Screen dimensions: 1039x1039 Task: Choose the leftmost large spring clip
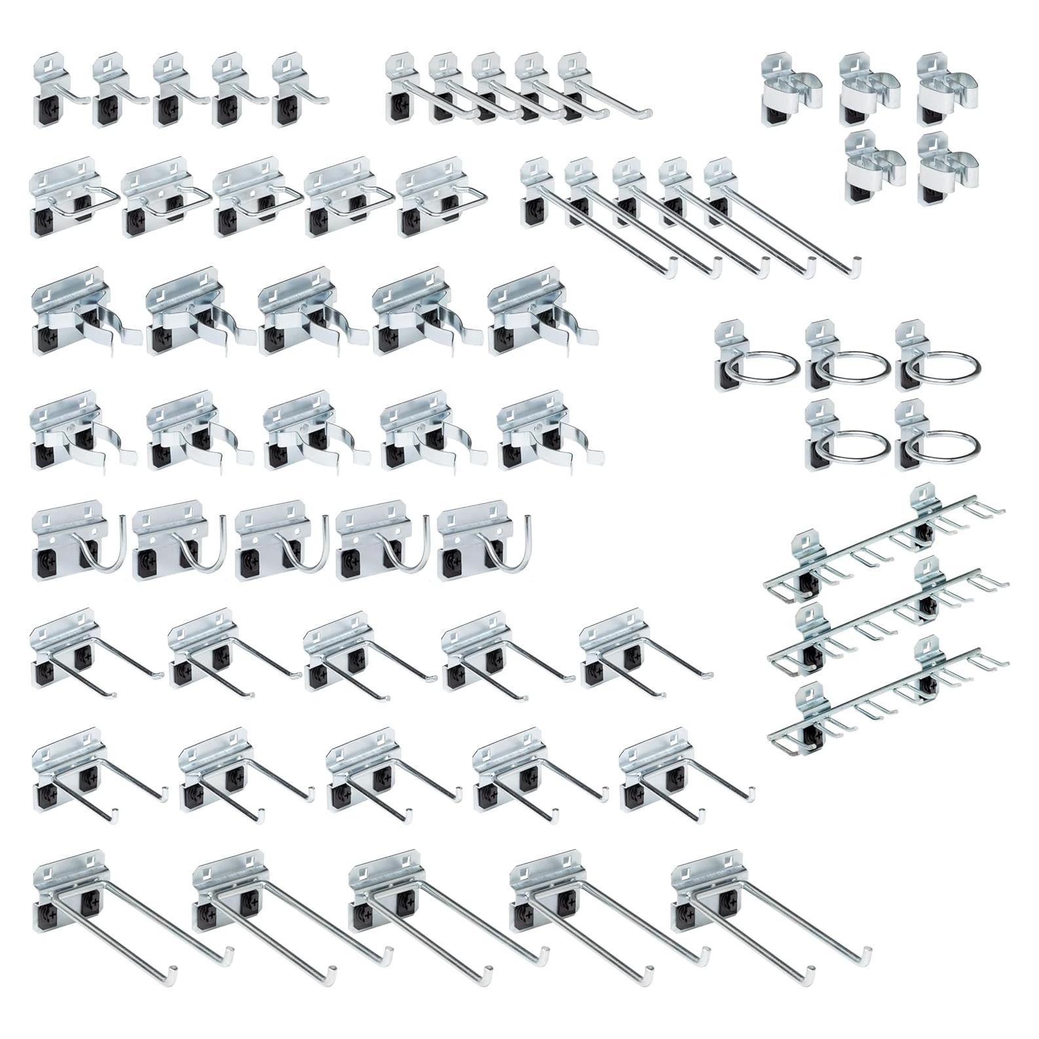pyautogui.click(x=79, y=311)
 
